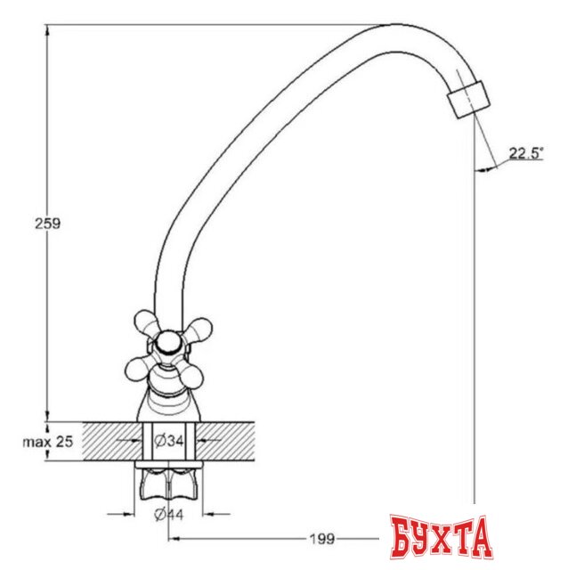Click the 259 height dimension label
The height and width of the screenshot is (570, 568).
click(47, 224)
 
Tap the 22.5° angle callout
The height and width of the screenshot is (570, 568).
click(525, 152)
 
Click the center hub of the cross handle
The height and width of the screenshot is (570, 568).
click(166, 343)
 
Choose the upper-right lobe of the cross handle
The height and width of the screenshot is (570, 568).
click(197, 331)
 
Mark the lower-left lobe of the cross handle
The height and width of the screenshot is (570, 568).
click(139, 366)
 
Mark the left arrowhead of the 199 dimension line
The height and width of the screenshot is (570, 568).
click(173, 538)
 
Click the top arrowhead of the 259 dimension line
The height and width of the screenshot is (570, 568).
click(46, 29)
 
